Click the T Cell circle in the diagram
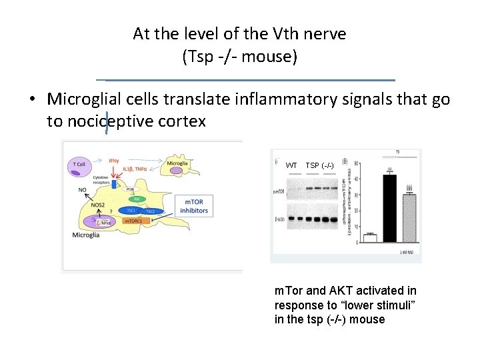tap(78, 164)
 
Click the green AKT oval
tap(136, 199)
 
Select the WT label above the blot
tap(291, 165)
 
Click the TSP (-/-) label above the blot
tap(320, 165)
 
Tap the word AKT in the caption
tap(341, 291)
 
